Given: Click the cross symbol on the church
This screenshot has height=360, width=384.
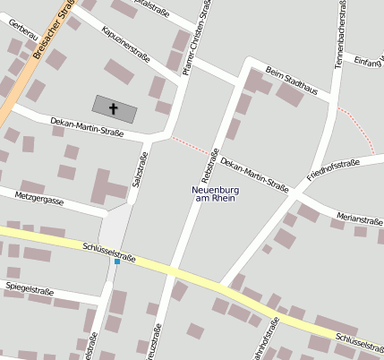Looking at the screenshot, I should click(x=114, y=109).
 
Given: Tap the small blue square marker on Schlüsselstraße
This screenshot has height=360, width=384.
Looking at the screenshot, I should click(x=117, y=261).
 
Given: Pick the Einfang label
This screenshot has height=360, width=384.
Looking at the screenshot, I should click(x=369, y=61).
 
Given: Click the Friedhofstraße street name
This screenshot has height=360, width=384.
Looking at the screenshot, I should click(x=333, y=169).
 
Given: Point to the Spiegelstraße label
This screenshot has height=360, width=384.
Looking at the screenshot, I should click(x=30, y=291).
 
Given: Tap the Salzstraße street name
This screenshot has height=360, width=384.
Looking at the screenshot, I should click(x=140, y=170).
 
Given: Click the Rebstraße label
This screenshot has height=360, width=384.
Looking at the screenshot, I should click(x=210, y=159).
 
